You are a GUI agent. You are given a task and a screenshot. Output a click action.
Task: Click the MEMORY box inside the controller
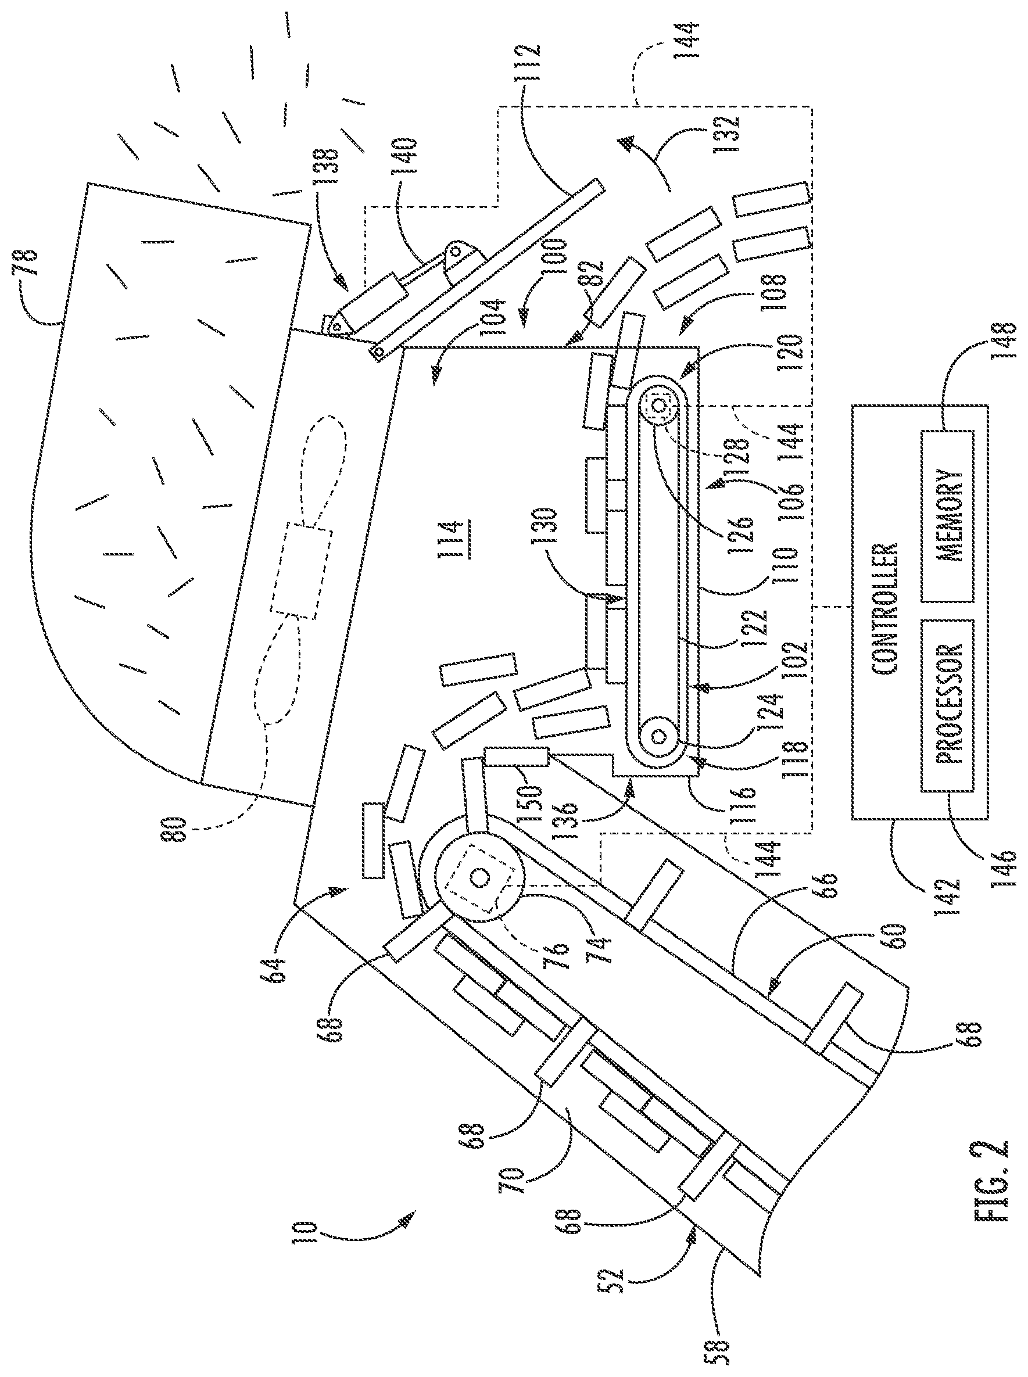(947, 516)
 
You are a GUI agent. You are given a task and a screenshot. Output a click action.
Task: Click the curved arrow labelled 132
(647, 159)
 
